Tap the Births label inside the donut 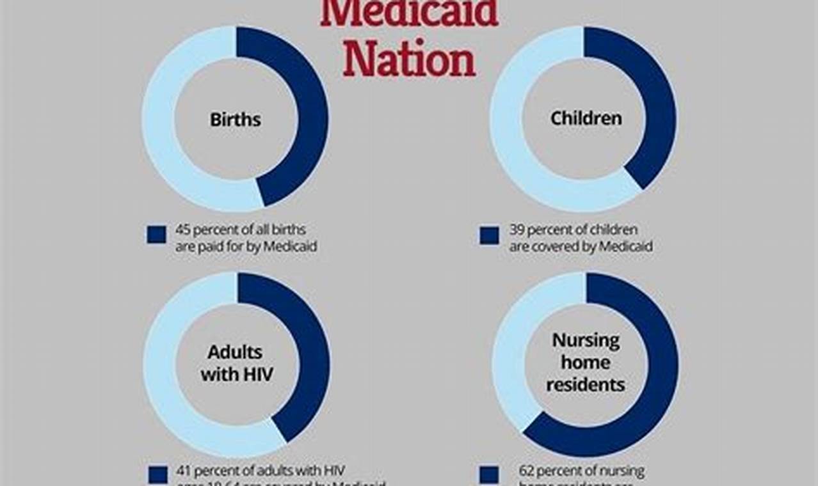point(235,119)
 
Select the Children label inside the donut point(586,118)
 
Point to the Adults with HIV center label point(236,363)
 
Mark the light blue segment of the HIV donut point(163,384)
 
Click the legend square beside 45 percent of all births point(156,235)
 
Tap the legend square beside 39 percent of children point(489,235)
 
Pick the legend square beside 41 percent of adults point(157,475)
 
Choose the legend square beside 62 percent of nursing point(489,474)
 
